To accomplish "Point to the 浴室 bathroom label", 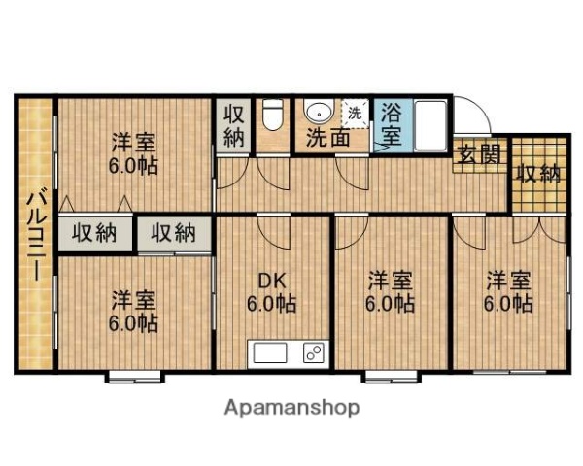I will (x=391, y=123).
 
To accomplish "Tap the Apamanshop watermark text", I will (x=291, y=407).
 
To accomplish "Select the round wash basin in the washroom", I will (x=316, y=111).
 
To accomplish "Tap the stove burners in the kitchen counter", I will (x=313, y=352).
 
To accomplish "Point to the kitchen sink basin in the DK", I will (x=268, y=352).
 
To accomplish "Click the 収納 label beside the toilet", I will (x=233, y=124).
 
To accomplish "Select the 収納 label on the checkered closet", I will (x=537, y=174).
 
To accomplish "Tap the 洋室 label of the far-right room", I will (x=508, y=282).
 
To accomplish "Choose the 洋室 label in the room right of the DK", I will (x=391, y=282).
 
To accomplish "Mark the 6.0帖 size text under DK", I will (x=272, y=304).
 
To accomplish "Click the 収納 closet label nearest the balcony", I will (x=94, y=233).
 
